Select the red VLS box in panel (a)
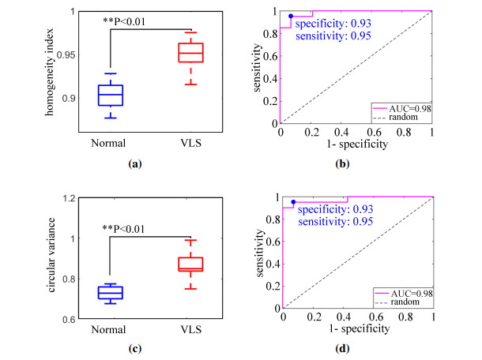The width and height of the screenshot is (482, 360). coord(190,53)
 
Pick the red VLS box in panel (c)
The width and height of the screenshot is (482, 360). coord(190,264)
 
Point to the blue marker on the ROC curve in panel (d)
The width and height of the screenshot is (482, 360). coord(293,202)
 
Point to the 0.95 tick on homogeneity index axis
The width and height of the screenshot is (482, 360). coord(69,54)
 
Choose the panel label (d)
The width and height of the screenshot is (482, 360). coord(358,345)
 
